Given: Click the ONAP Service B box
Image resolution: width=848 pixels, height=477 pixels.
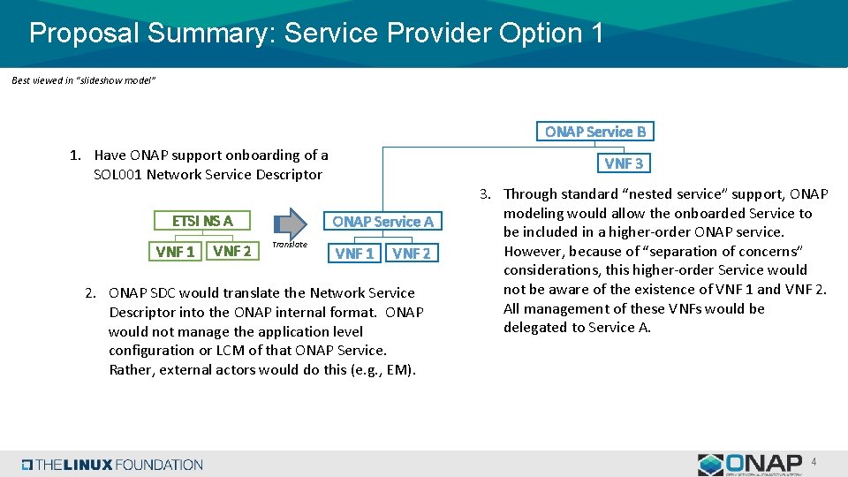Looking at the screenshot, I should (x=594, y=132).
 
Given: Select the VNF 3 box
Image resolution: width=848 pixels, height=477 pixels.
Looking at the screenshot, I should (x=624, y=163).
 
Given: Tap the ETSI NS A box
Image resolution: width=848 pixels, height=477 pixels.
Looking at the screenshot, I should (x=202, y=221).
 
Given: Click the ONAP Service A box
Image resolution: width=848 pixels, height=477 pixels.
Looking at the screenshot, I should (x=382, y=222).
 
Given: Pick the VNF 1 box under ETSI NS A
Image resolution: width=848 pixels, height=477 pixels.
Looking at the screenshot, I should (x=175, y=252).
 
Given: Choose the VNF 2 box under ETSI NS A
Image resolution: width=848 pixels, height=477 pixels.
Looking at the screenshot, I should (x=231, y=251).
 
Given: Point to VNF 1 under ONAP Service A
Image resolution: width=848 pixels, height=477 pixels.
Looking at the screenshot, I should (x=354, y=254).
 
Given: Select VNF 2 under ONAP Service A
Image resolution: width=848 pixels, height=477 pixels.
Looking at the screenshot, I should (x=411, y=254).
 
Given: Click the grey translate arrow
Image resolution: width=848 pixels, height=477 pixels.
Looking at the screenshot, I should (x=289, y=221).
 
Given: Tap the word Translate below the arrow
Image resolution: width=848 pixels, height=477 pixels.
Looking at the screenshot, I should (x=289, y=245).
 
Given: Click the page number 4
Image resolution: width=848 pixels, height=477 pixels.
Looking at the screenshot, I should (x=814, y=461).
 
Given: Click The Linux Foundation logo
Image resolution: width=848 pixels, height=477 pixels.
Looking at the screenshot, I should (x=112, y=465).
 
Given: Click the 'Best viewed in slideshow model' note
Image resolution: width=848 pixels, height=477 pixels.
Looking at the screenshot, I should (x=84, y=80).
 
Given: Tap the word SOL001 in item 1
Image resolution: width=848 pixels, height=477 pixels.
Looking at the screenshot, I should (x=117, y=174).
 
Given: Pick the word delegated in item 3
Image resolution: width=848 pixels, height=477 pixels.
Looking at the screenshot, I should (x=535, y=328).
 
